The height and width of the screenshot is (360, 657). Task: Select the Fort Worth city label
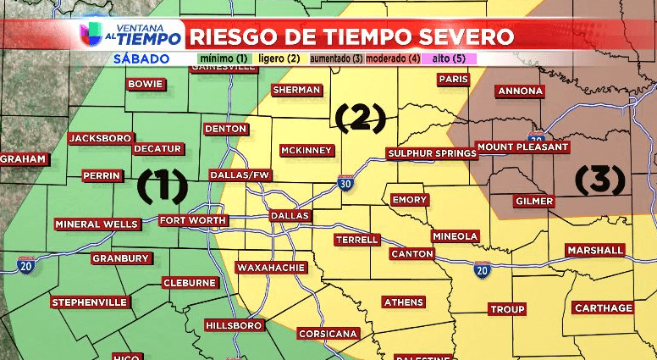pyautogui.click(x=193, y=220)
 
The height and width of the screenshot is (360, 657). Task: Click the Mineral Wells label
pyautogui.click(x=97, y=224)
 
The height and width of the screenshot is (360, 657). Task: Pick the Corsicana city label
pyautogui.click(x=328, y=333)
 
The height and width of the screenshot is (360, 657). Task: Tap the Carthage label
pyautogui.click(x=603, y=307)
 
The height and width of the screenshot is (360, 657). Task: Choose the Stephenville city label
pyautogui.click(x=89, y=302)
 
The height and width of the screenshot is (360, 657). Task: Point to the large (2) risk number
pyautogui.click(x=360, y=119)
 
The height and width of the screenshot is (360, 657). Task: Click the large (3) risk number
pyautogui.click(x=599, y=179)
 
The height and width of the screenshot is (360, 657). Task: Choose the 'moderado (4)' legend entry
pyautogui.click(x=393, y=58)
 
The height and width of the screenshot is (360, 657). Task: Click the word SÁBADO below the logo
pyautogui.click(x=141, y=58)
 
